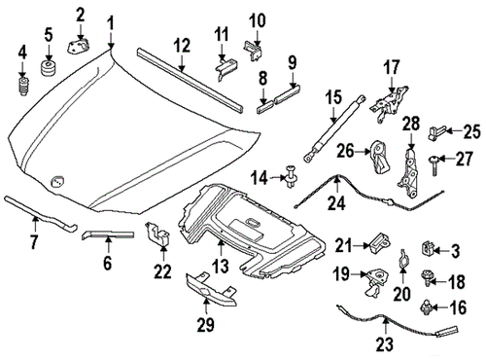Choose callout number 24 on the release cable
pos(335,205)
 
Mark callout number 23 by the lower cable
pos(382,342)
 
